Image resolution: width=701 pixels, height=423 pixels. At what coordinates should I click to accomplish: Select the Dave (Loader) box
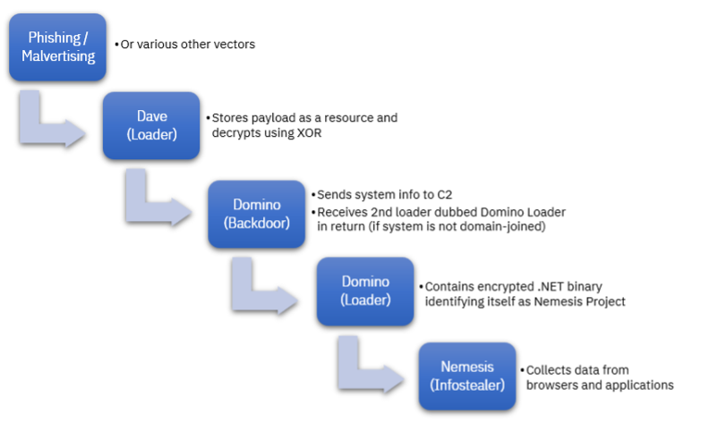point(151,126)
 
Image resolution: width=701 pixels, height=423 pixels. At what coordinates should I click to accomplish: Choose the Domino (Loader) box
point(365,291)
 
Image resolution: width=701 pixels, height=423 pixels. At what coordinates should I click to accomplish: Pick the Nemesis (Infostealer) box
point(467,376)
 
